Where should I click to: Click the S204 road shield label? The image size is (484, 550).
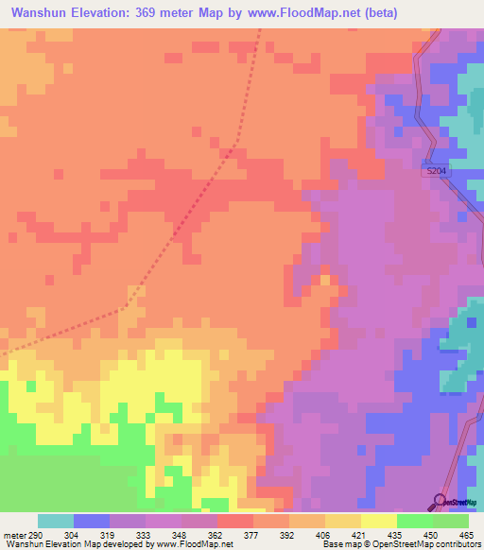click(x=436, y=171)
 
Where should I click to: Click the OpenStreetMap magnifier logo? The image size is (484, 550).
click(x=440, y=501)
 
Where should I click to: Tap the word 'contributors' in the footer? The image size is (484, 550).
click(x=458, y=544)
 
